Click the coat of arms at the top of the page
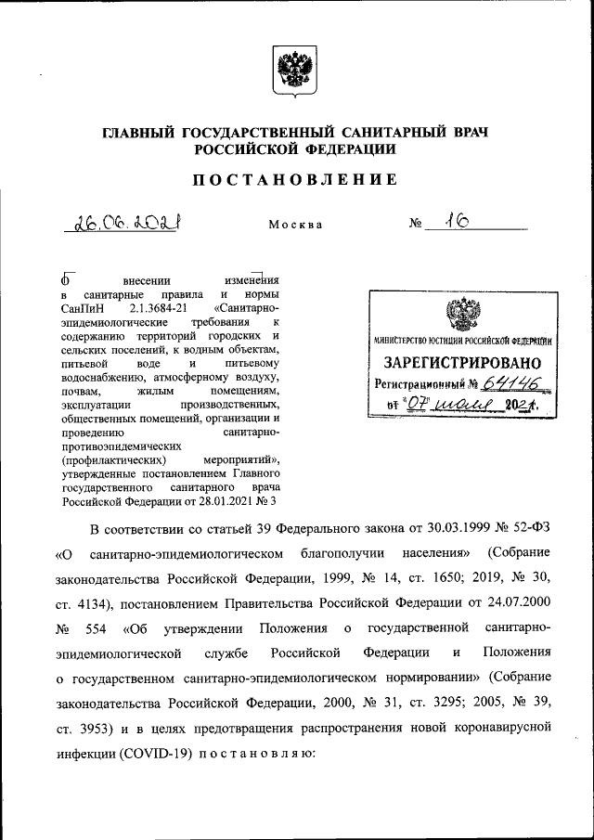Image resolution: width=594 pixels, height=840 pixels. click(296, 71)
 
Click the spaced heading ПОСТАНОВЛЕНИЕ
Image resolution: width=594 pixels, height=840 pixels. click(296, 180)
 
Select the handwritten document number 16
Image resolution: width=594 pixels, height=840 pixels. click(455, 221)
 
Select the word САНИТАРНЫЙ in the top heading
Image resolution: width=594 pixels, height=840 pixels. click(371, 134)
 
